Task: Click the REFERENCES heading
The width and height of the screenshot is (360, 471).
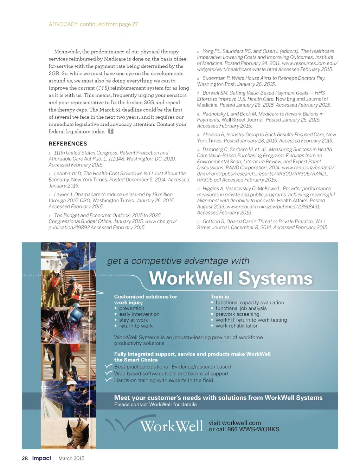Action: tap(68, 144)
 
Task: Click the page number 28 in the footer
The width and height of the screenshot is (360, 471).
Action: tap(25, 458)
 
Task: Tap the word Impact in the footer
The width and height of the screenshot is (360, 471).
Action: tap(41, 458)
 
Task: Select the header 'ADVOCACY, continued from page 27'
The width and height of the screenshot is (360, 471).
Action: tap(93, 24)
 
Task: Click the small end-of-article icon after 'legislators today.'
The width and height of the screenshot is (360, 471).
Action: tap(111, 131)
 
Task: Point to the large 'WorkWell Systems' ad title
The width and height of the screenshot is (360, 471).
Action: tap(231, 279)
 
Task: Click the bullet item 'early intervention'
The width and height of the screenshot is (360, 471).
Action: tap(139, 314)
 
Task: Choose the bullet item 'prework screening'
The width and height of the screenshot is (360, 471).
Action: tap(237, 314)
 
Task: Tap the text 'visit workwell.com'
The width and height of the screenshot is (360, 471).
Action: tap(235, 423)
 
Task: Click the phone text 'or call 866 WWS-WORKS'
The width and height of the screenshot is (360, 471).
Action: tap(244, 429)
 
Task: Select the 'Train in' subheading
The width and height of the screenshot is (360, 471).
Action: tap(220, 297)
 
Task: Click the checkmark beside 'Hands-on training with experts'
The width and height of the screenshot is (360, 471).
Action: tap(108, 380)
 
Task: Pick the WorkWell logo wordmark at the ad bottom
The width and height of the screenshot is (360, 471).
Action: tap(171, 426)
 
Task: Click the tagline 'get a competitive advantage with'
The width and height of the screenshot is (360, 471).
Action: tap(178, 261)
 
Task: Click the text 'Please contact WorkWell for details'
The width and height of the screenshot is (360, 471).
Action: tap(155, 405)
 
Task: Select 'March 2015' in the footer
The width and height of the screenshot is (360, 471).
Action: tap(71, 458)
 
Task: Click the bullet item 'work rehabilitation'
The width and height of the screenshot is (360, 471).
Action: tap(237, 326)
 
